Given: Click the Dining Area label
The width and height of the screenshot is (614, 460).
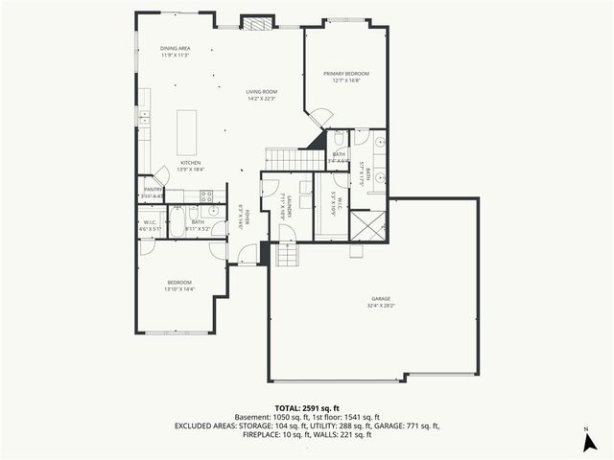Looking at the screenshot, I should tap(175, 52).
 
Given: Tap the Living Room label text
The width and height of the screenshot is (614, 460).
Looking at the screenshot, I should tap(261, 95).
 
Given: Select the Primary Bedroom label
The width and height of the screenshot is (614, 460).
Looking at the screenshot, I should tap(345, 77).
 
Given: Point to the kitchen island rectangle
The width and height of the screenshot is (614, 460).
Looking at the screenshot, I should tap(187, 128).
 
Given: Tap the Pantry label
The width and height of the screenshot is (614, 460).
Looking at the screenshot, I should tap(153, 193).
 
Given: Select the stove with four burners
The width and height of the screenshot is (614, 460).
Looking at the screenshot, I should tap(205, 196).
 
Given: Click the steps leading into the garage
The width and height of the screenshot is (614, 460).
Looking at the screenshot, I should tap(287, 254).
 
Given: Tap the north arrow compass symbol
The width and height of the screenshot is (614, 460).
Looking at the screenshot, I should tap(586, 440).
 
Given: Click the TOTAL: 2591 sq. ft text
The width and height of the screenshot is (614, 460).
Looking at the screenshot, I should tap(307, 407).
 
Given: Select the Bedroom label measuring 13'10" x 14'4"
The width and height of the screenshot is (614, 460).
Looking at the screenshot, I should tap(180, 286).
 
